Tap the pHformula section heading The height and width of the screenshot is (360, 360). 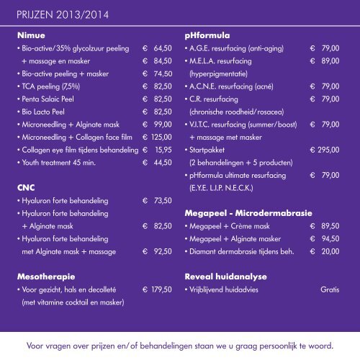[x=206, y=34]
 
